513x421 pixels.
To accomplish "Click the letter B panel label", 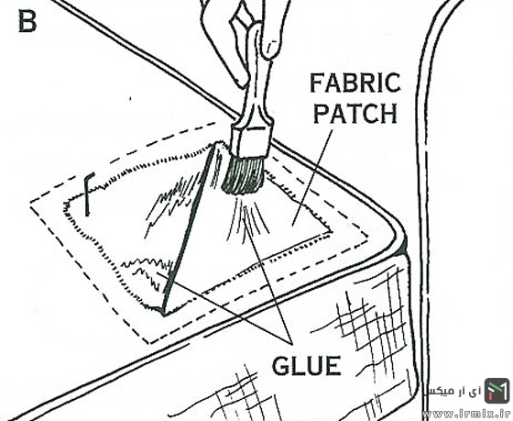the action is coord(27,22).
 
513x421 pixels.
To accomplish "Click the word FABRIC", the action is coord(355,83).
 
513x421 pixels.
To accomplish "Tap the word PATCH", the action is coord(355,113).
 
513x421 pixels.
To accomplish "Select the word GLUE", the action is coord(307,366).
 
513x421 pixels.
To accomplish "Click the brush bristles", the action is coord(244,175).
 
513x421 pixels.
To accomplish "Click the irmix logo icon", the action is coord(497,391).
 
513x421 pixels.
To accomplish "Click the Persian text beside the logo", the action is coord(453,391).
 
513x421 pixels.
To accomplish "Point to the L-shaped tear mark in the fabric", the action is coord(89,194).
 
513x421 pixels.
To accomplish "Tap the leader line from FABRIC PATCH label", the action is coord(312,178).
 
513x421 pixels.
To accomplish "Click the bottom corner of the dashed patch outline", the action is coord(150,343).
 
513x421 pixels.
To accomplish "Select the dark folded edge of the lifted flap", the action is coord(187,229).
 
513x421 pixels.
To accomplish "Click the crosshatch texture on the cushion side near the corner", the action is coord(373,315).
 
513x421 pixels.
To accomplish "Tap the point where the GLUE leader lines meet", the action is coord(291,343).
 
